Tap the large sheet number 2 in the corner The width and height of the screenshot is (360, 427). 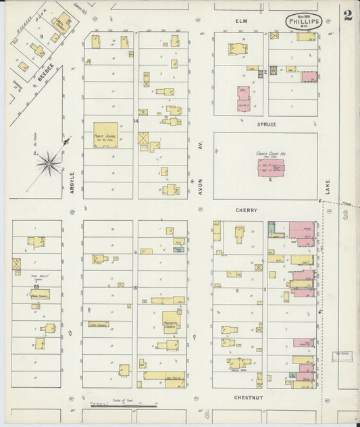point(347,16)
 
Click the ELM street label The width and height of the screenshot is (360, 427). point(241,21)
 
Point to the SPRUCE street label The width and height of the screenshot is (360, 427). point(266,124)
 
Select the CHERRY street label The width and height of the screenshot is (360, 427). point(247,210)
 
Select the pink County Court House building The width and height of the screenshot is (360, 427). point(270,166)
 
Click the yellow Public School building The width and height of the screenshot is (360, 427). point(105,135)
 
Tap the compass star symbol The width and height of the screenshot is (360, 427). point(49,163)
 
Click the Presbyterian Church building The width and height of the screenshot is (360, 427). point(171,322)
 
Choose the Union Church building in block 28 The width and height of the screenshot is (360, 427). point(39,295)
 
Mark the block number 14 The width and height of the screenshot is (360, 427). point(136,122)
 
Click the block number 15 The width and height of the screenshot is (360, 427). point(136,288)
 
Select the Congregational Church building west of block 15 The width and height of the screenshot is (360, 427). point(99,325)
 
